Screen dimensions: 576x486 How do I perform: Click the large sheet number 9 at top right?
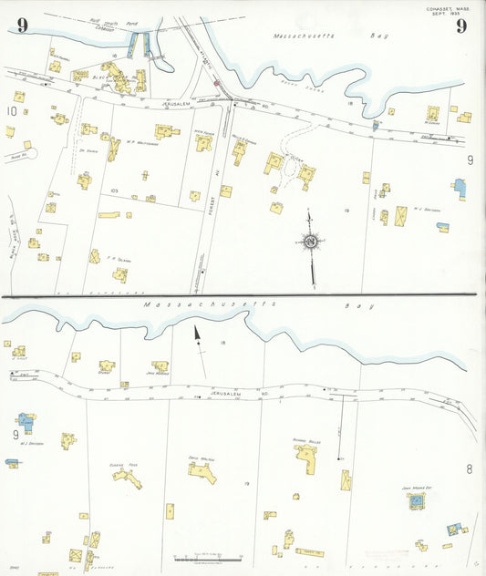(461, 26)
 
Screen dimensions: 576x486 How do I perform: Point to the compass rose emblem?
(311, 241)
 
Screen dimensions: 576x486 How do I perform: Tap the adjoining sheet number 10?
(11, 111)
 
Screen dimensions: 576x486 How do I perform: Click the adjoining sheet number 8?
(469, 469)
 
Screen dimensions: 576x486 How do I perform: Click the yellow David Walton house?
(201, 472)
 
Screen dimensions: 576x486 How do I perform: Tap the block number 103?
(114, 190)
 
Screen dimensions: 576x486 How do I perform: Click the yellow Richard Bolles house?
(306, 458)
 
